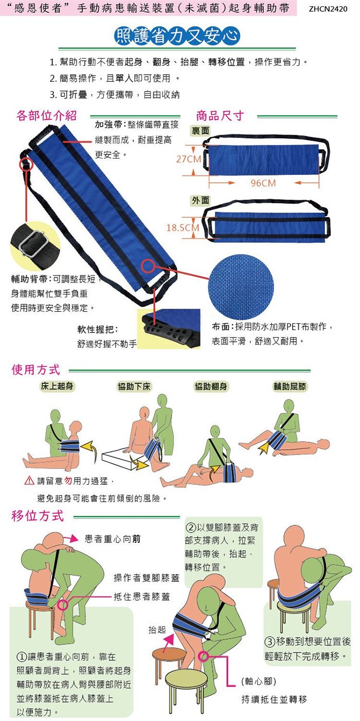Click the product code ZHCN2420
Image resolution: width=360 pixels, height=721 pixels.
(328, 8)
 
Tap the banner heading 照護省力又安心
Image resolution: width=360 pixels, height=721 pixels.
(177, 36)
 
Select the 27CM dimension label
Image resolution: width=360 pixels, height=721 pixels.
(189, 159)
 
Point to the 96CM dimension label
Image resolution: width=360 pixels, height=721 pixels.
(263, 183)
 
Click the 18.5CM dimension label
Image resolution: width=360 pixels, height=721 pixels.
(183, 227)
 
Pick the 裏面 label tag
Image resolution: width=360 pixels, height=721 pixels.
(200, 131)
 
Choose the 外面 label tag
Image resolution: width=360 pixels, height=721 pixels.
(200, 201)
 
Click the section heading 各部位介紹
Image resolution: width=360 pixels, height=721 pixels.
(47, 115)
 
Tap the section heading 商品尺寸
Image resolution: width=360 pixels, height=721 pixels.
(220, 115)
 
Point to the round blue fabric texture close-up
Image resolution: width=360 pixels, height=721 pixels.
(241, 286)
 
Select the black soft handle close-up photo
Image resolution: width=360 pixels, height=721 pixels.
(169, 329)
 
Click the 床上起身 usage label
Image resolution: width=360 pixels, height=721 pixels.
(57, 386)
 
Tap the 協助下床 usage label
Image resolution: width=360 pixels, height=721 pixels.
(134, 386)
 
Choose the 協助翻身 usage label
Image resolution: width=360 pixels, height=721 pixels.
(211, 386)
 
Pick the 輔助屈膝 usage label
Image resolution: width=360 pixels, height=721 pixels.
(290, 386)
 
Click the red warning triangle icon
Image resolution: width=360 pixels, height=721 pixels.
(29, 481)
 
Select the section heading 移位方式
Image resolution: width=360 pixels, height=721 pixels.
(38, 516)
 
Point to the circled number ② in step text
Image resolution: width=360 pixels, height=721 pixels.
(190, 527)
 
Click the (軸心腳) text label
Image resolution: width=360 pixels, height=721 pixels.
(259, 681)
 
